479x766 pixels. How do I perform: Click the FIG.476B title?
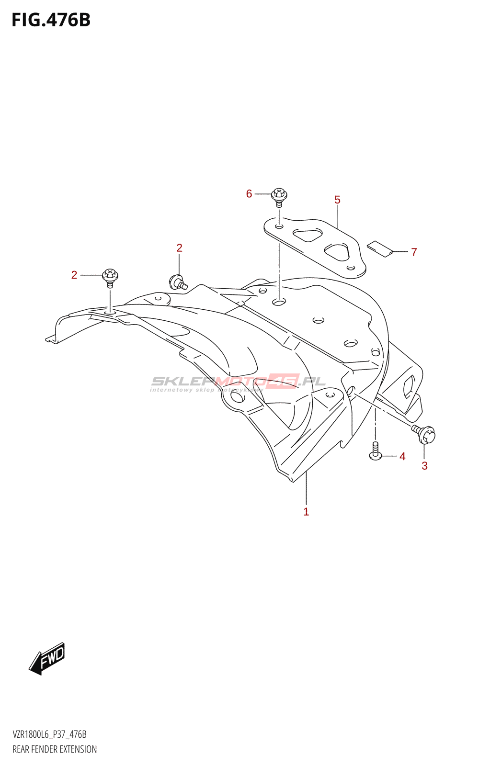(x=51, y=20)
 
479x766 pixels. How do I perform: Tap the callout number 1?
(x=306, y=512)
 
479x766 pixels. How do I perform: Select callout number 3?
(x=424, y=466)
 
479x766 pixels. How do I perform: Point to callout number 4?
(x=402, y=457)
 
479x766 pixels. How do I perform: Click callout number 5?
(x=337, y=200)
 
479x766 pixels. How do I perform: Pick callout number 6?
(x=249, y=194)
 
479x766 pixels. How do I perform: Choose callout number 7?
(x=414, y=252)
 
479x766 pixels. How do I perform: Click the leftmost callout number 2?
(x=74, y=275)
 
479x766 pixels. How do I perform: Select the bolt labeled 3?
(x=425, y=434)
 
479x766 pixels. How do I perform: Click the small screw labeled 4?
(x=376, y=451)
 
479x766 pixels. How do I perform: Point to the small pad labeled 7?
(x=380, y=248)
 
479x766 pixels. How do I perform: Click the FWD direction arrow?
(x=47, y=658)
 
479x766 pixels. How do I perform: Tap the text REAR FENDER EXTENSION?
(x=55, y=749)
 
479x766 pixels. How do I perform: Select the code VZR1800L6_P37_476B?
(x=49, y=734)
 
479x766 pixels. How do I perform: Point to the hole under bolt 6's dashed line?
(x=279, y=302)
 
